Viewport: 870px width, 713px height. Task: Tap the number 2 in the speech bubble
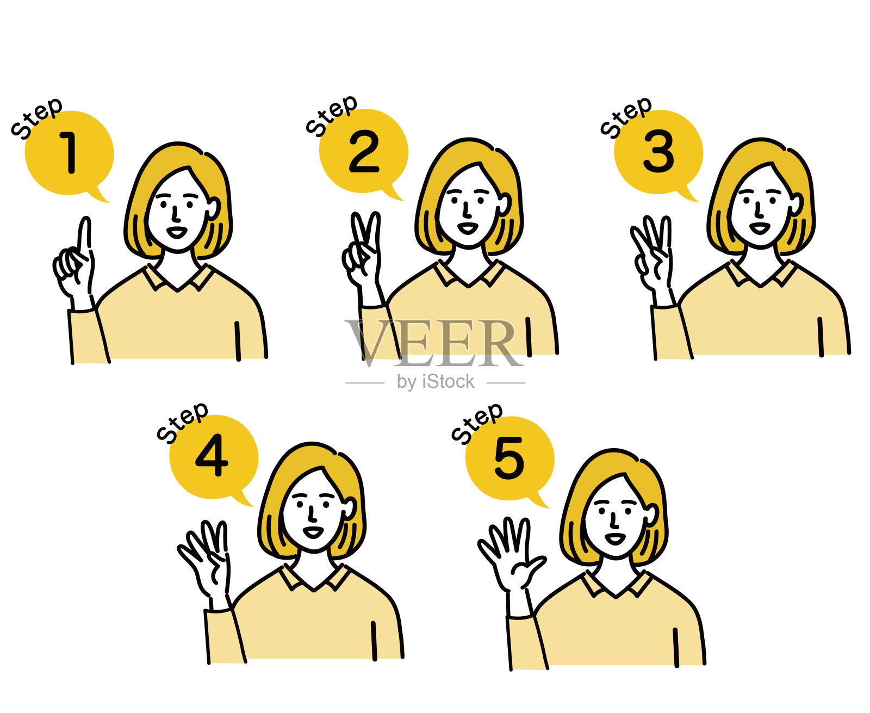363,152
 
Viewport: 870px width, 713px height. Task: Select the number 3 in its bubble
658,152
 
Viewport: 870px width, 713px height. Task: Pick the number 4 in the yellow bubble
212,456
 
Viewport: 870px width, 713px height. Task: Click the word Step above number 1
37,117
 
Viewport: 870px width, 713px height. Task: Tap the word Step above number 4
182,421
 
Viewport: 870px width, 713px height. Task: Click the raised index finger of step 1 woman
84,234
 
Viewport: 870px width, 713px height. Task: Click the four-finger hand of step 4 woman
207,560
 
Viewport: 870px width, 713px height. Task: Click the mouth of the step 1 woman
176,232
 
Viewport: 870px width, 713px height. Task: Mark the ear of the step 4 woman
349,508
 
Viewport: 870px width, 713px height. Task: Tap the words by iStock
436,382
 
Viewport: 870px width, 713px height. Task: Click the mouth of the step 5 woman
615,538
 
